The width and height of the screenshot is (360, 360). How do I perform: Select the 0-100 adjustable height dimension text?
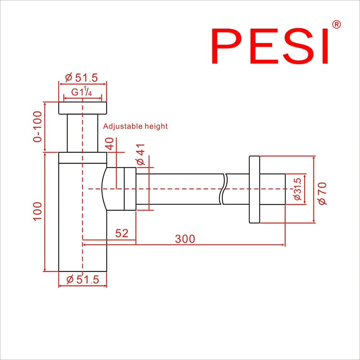click(38, 126)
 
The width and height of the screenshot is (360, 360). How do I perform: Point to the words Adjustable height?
click(135, 126)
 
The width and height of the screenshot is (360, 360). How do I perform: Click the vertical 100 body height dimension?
click(38, 211)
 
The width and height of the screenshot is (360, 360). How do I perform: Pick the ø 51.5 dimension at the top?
click(82, 77)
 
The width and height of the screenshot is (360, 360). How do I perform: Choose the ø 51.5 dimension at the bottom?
click(83, 279)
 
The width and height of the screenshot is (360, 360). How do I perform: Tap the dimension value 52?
click(122, 233)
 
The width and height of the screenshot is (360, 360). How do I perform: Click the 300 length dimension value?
click(185, 239)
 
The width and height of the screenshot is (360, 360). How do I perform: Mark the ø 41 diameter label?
click(141, 154)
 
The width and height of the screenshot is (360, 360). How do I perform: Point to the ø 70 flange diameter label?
click(323, 193)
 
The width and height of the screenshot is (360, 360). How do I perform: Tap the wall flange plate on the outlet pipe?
click(254, 189)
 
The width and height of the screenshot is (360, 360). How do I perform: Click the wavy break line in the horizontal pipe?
click(224, 189)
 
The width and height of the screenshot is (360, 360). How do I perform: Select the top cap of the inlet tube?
click(82, 108)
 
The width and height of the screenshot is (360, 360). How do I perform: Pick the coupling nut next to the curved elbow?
click(130, 189)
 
